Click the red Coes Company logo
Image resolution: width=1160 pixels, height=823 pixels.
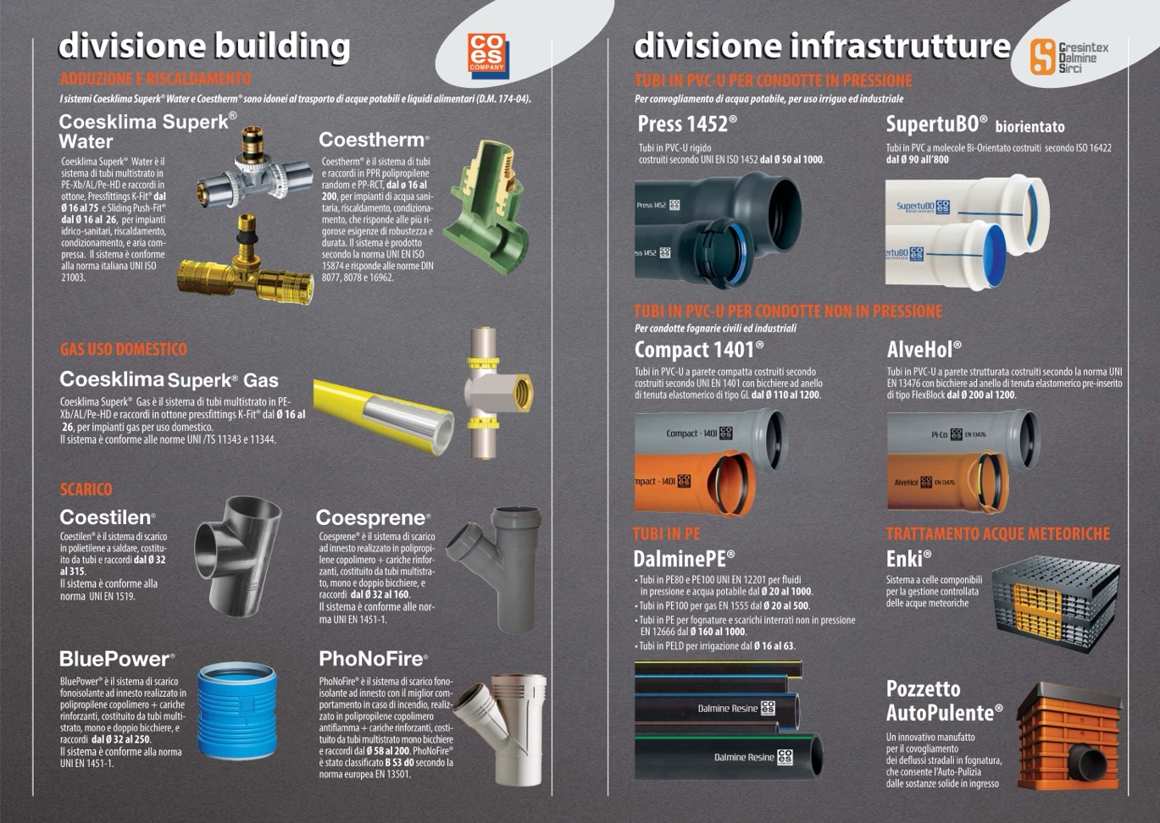(x=488, y=56)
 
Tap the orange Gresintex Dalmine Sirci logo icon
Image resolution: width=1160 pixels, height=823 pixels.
(x=1042, y=57)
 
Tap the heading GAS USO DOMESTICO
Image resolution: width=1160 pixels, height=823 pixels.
(x=123, y=350)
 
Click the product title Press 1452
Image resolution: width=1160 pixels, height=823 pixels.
(x=687, y=124)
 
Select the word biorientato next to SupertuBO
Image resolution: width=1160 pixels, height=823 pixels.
(x=1030, y=127)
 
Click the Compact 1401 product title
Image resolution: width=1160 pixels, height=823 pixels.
(x=699, y=350)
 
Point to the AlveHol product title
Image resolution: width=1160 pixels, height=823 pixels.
(x=924, y=350)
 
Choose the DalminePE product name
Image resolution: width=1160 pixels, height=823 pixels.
(x=684, y=559)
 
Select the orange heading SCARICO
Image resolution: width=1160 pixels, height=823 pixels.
(x=86, y=489)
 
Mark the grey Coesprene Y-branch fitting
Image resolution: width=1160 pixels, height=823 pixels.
(x=495, y=568)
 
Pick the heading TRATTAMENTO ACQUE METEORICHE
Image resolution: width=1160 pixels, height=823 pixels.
(x=998, y=534)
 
